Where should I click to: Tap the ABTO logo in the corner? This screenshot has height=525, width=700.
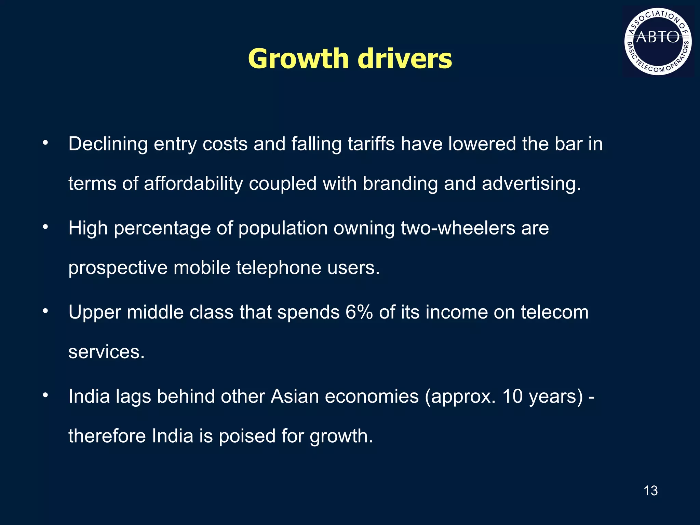(658, 41)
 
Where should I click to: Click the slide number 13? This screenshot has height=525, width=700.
(650, 491)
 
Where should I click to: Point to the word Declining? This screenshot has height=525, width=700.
(108, 144)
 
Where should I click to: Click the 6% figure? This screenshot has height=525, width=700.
(359, 312)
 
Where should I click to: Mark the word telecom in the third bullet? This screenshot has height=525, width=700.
(554, 312)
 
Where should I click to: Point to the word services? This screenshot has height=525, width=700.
(106, 352)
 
